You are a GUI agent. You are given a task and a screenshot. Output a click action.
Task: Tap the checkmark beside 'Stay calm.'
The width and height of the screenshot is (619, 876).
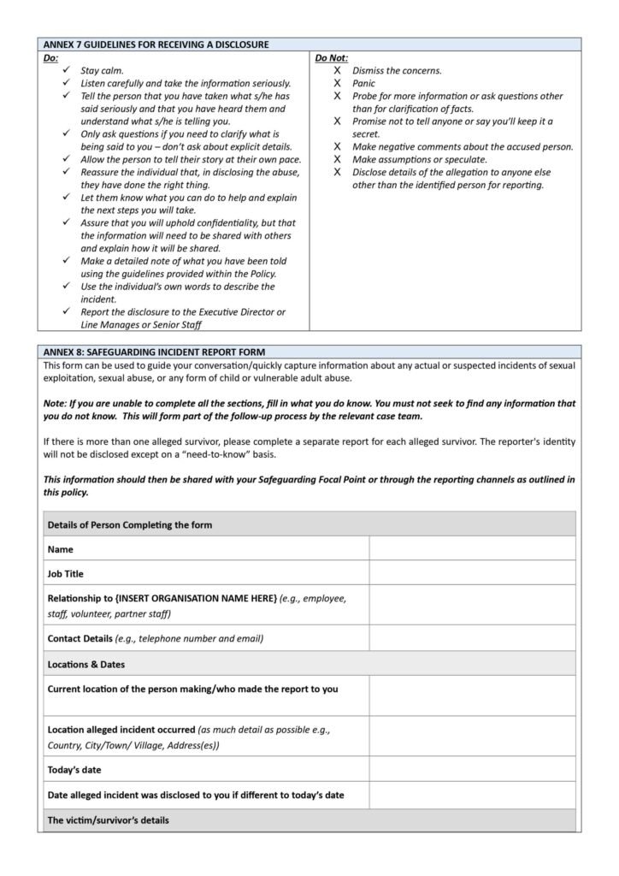(67, 71)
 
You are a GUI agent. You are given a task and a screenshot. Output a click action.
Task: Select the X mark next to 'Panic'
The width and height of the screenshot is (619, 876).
(338, 84)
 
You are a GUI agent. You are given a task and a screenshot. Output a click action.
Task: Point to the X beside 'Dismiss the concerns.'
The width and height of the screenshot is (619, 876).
(338, 71)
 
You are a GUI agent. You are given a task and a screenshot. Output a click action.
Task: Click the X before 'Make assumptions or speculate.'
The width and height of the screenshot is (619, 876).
(338, 159)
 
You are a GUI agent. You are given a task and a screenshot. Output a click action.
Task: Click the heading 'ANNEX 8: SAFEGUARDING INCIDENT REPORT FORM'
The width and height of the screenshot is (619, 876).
(155, 351)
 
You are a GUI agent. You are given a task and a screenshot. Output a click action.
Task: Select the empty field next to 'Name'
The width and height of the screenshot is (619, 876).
(472, 548)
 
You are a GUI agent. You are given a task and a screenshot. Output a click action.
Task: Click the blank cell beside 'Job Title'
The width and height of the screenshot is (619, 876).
(472, 573)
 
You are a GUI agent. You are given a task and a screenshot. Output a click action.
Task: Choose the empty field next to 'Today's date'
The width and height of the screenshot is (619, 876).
(472, 770)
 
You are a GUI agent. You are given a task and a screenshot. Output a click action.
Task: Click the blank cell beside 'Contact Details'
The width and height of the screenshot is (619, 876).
(472, 638)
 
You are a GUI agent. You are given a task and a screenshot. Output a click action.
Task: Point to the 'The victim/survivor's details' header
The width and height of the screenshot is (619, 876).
(109, 820)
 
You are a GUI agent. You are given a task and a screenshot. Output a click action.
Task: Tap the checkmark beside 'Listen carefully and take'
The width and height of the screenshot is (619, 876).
(67, 84)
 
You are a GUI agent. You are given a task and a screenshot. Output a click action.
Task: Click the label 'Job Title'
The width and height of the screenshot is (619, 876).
(66, 573)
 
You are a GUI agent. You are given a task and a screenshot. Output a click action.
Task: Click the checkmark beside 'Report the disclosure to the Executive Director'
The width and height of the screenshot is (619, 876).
(67, 311)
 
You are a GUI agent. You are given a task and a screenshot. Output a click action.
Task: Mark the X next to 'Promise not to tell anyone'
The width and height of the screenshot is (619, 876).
(338, 121)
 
